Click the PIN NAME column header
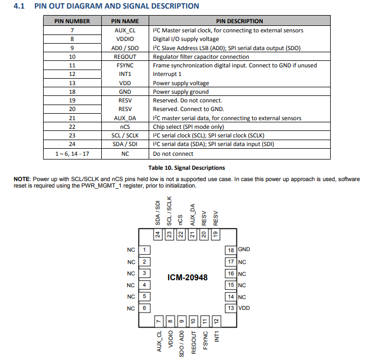[125, 21]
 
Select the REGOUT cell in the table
[125, 57]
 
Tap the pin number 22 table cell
[72, 127]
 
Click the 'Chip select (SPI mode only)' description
[188, 127]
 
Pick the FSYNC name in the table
[125, 65]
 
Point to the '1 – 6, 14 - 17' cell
[72, 154]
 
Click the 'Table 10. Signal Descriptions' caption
[186, 168]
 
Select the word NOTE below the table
[22, 179]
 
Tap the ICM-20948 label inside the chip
[187, 278]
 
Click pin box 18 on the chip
[231, 250]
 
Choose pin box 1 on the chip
[144, 250]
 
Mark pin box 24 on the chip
[158, 234]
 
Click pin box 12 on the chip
[217, 321]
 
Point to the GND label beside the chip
[244, 250]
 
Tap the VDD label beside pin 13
[244, 308]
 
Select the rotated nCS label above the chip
[180, 220]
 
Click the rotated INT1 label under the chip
[217, 336]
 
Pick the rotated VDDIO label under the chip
[171, 339]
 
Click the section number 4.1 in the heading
[19, 6]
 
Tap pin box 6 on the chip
[144, 308]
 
